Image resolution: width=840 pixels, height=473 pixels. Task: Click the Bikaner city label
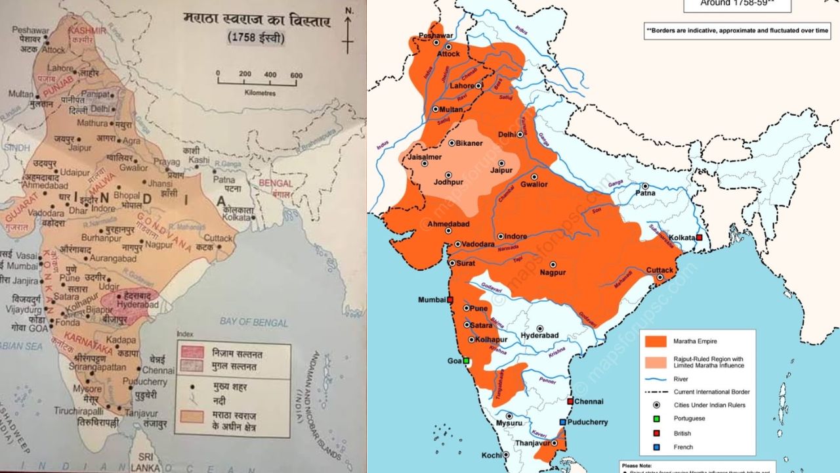click(469, 143)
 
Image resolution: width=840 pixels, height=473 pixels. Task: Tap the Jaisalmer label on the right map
click(427, 157)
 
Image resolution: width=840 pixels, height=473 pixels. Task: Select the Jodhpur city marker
click(448, 175)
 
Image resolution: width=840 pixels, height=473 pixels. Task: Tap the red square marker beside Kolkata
click(700, 237)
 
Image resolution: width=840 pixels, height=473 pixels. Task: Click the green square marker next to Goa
click(466, 361)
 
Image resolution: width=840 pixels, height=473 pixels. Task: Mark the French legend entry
click(682, 447)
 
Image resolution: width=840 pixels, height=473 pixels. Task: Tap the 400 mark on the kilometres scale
click(270, 75)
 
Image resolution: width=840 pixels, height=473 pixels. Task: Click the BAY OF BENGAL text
click(253, 322)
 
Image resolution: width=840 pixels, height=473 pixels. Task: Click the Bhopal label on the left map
click(126, 196)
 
